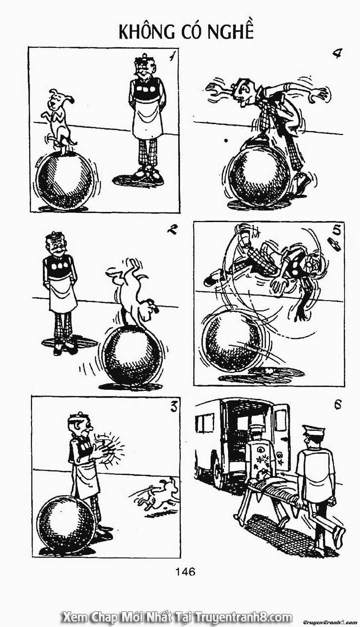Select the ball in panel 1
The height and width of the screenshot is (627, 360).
tap(65, 180)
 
